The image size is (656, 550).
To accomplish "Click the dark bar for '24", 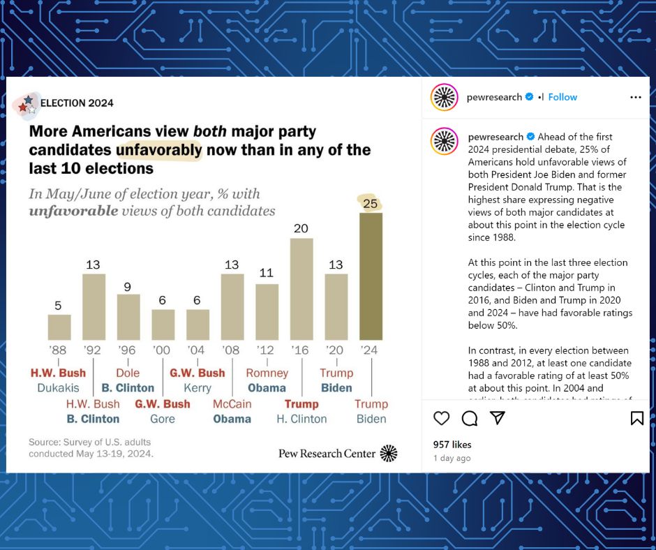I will pyautogui.click(x=371, y=276).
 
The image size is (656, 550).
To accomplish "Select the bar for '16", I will pyautogui.click(x=301, y=289).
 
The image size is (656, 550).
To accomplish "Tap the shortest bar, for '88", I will pyautogui.click(x=59, y=327).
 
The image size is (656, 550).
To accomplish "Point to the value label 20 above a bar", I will pyautogui.click(x=301, y=228).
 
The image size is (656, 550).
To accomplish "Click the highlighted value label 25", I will pyautogui.click(x=370, y=203).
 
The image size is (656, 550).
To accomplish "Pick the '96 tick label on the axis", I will pyautogui.click(x=128, y=350).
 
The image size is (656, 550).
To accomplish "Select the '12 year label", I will pyautogui.click(x=267, y=350).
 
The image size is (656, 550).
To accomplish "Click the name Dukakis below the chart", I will pyautogui.click(x=58, y=387).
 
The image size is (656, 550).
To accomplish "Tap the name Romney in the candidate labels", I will pyautogui.click(x=267, y=373).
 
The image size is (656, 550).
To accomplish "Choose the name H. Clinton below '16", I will pyautogui.click(x=301, y=419).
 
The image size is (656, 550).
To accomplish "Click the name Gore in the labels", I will pyautogui.click(x=163, y=419).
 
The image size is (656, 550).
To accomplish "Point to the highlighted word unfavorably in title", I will pyautogui.click(x=159, y=149).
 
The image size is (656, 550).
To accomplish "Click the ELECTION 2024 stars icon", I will pyautogui.click(x=27, y=105).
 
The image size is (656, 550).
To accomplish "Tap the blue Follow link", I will pyautogui.click(x=562, y=97).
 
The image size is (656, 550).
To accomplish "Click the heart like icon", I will pyautogui.click(x=441, y=418).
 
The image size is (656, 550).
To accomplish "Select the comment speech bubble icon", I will pyautogui.click(x=470, y=418).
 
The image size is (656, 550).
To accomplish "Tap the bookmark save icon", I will pyautogui.click(x=636, y=418).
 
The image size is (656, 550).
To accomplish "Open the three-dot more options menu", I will pyautogui.click(x=635, y=97).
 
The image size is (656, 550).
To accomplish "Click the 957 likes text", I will pyautogui.click(x=452, y=445).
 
